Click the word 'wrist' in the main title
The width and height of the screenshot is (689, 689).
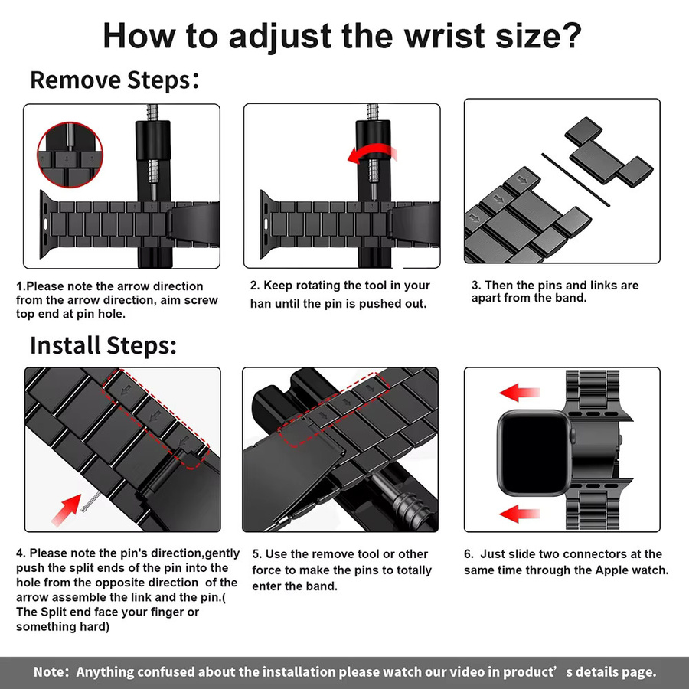[x=445, y=35]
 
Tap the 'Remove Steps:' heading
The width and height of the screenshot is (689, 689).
[x=114, y=80]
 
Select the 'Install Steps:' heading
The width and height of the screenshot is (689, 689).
[x=103, y=345]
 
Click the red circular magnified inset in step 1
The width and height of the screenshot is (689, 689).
[x=70, y=155]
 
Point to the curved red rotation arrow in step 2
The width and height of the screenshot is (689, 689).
[x=371, y=154]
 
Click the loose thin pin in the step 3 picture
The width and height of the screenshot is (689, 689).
[x=576, y=180]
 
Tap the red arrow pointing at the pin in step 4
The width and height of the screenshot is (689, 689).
[x=67, y=509]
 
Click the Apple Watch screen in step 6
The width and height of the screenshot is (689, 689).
[x=534, y=452]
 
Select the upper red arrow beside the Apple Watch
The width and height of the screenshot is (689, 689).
[x=519, y=393]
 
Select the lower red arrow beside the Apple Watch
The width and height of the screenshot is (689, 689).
[x=519, y=513]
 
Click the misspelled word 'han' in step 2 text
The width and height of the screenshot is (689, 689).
[x=260, y=304]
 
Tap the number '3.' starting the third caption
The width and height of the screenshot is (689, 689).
[x=476, y=286]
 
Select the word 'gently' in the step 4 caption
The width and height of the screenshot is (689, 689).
[x=222, y=553]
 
